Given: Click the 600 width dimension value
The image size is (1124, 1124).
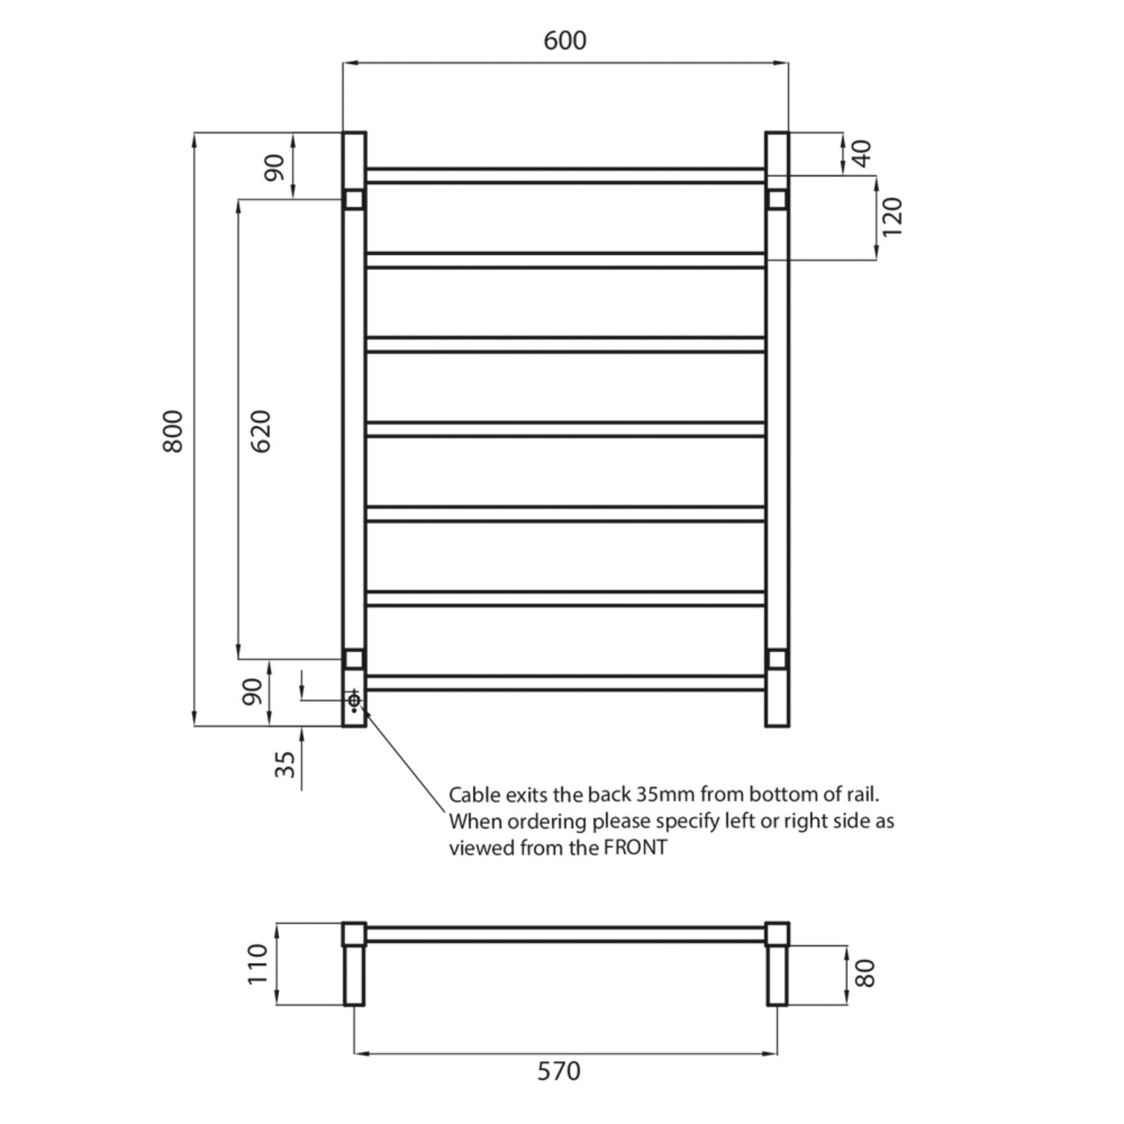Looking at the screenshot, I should click(x=565, y=41).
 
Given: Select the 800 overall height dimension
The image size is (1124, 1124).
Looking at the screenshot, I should click(x=173, y=431).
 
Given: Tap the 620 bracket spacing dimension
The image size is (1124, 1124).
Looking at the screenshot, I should click(x=260, y=431).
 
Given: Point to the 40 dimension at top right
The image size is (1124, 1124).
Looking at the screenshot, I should click(x=862, y=152).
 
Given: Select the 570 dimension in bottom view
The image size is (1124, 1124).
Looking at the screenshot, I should click(x=559, y=1071).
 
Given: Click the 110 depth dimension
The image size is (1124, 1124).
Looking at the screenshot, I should click(x=258, y=964).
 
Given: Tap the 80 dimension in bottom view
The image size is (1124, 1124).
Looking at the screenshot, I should click(x=866, y=973).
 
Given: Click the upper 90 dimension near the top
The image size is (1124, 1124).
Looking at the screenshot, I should click(x=275, y=167).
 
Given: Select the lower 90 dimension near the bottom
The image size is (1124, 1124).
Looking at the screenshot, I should click(x=252, y=691).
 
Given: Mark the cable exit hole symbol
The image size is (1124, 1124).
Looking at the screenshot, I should click(x=354, y=700).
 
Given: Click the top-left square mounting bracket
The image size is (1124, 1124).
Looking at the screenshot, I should click(x=354, y=200).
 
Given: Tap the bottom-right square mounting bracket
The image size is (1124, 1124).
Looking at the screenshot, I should click(x=777, y=659).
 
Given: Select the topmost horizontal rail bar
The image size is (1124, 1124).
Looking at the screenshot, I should click(x=565, y=175).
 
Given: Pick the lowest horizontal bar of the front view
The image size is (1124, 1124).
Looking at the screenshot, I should click(x=565, y=683).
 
